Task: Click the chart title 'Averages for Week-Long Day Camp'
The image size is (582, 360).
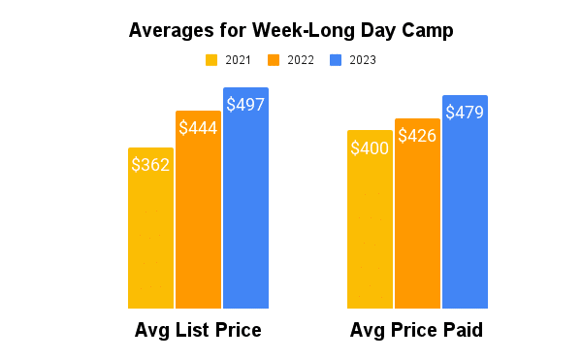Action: pyautogui.click(x=291, y=31)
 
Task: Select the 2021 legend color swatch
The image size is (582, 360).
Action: pyautogui.click(x=211, y=60)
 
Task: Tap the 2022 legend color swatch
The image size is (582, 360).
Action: pyautogui.click(x=275, y=60)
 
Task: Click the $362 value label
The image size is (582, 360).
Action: pyautogui.click(x=150, y=164)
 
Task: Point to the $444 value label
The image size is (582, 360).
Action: pyautogui.click(x=198, y=128)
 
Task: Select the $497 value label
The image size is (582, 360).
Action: pyautogui.click(x=245, y=105)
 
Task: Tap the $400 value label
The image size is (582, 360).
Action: pyautogui.click(x=370, y=148)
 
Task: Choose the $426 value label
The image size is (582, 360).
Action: pyautogui.click(x=417, y=136)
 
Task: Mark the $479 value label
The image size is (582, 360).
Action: pyautogui.click(x=465, y=113)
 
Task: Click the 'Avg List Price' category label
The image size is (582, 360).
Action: pyautogui.click(x=198, y=331)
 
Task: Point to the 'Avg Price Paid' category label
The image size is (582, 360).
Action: pyautogui.click(x=417, y=331)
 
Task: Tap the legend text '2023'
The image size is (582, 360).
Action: pyautogui.click(x=363, y=60)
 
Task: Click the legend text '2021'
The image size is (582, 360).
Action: pyautogui.click(x=238, y=60)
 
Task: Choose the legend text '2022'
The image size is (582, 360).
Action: pyautogui.click(x=301, y=60)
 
